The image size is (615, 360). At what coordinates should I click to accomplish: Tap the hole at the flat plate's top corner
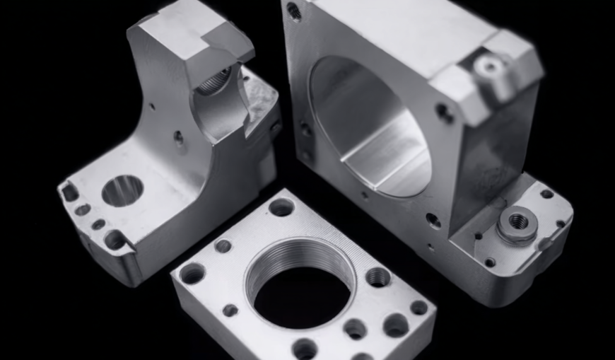281,207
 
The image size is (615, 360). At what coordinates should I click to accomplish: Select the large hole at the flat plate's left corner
192,273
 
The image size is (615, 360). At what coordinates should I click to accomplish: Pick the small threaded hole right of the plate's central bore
378,277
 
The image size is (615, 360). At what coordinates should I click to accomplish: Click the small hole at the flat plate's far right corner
419,308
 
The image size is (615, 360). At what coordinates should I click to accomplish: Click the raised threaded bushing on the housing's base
517,223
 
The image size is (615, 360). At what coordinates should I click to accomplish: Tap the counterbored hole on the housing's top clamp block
489,67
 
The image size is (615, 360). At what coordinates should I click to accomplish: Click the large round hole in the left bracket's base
122,190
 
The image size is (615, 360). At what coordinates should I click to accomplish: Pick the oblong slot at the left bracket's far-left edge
70,192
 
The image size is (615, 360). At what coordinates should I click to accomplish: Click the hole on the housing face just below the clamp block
444,111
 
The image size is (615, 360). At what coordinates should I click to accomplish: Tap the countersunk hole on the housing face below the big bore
433,221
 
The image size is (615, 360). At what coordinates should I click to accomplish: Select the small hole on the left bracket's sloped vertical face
178,137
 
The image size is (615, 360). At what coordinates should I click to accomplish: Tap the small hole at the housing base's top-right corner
546,193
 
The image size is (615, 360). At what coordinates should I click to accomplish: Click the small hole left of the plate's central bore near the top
223,246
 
